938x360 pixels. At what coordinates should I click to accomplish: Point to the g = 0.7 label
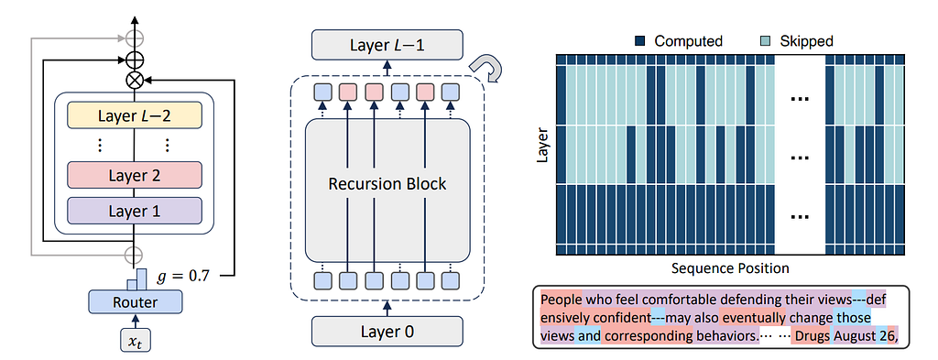pyautogui.click(x=185, y=276)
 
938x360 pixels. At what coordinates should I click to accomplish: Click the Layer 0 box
pyautogui.click(x=387, y=330)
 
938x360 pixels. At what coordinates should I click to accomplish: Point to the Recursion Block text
pyautogui.click(x=387, y=183)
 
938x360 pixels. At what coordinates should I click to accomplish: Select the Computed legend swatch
pyautogui.click(x=640, y=41)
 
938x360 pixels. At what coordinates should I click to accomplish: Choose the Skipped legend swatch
pyautogui.click(x=767, y=41)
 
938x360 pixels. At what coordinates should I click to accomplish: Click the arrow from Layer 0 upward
pyautogui.click(x=387, y=308)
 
